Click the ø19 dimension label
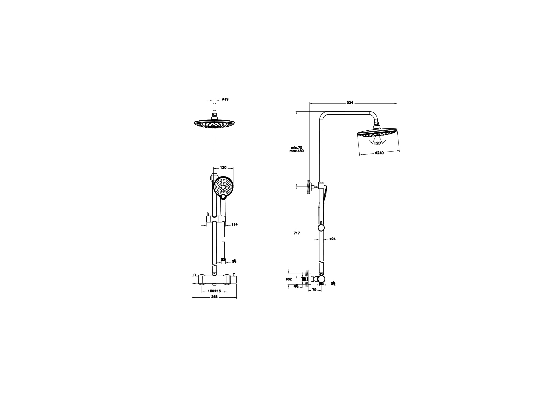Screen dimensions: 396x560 click(225, 99)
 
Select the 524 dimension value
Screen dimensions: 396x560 click(350, 103)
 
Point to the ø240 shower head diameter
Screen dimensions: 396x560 click(379, 153)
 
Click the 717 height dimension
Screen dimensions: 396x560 click(297, 233)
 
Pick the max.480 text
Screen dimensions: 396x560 click(297, 151)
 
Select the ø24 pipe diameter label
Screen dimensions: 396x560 click(333, 239)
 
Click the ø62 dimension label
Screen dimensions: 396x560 click(289, 279)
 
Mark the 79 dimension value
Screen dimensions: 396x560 click(314, 290)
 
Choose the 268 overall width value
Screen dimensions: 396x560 click(214, 297)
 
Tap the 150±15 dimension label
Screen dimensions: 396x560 click(214, 291)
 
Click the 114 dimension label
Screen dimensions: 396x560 click(234, 225)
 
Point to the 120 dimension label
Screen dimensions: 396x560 click(223, 168)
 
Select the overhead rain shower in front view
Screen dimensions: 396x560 click(214, 124)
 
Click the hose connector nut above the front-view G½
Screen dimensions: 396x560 click(223, 259)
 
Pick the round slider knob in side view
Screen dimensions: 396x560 click(321, 228)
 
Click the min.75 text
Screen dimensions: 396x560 click(297, 147)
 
